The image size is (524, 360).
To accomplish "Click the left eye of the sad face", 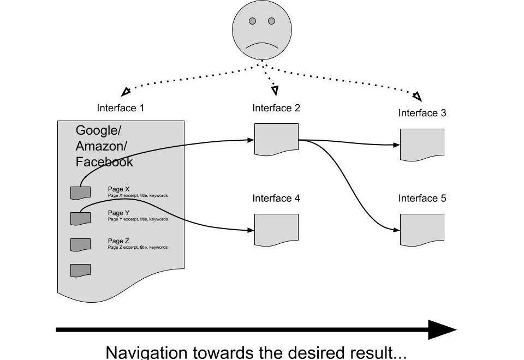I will tap(252, 21).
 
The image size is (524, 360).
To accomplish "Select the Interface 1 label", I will tap(121, 108).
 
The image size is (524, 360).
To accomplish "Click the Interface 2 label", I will tap(276, 108).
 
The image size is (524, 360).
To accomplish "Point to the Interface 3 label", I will tap(422, 113).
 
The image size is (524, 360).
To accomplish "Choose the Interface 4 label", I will tap(276, 199).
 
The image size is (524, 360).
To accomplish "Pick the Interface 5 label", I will tap(422, 199).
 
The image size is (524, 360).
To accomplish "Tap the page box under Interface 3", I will tap(422, 145).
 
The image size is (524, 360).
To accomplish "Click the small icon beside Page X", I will tap(80, 193).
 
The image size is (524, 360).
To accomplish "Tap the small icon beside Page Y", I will tap(80, 218).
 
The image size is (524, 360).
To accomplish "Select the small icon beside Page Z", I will tap(80, 244).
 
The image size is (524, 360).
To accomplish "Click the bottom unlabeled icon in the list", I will tap(80, 270).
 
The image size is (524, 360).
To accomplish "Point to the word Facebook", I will tap(104, 162).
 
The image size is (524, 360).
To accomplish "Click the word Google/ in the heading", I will tap(99, 130).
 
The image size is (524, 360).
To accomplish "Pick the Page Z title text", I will tap(118, 241).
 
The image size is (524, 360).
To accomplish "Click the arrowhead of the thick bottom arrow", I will tap(442, 329).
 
